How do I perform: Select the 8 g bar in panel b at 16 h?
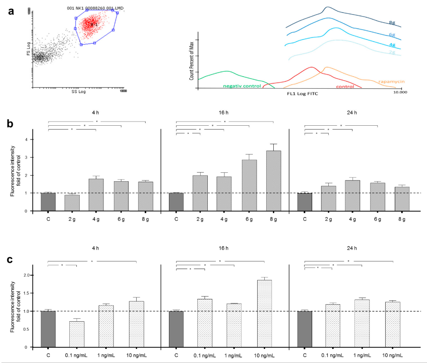(273, 181)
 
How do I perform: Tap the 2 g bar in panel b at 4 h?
(72, 203)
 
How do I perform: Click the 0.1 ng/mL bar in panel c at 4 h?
(76, 334)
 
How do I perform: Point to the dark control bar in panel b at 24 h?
(305, 202)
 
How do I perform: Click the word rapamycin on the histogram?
(391, 82)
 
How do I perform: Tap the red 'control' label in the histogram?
(345, 87)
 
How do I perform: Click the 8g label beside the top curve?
(392, 22)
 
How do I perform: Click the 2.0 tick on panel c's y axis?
(26, 275)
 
